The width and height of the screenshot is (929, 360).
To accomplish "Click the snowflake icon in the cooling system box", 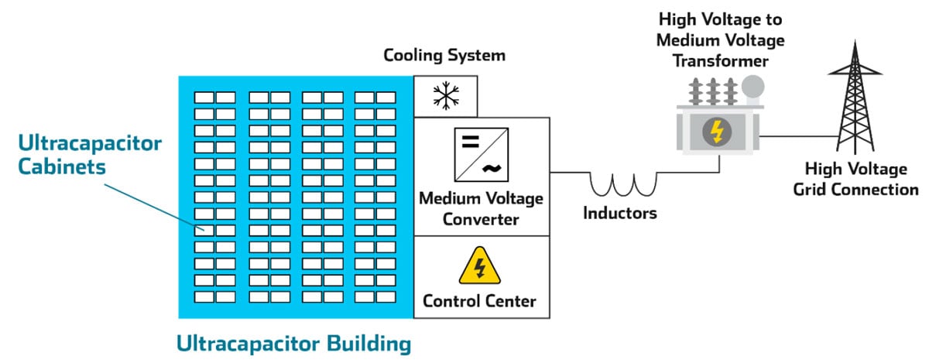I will coord(445,96).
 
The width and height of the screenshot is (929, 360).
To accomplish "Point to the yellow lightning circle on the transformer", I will coord(717,132).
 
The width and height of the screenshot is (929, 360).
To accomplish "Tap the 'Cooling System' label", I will coord(444,56).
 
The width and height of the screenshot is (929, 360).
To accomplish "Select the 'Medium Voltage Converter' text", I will coord(482,208).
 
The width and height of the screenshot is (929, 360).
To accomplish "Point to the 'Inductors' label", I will coord(619,213).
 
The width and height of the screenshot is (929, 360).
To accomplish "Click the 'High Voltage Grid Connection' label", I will coord(855,179).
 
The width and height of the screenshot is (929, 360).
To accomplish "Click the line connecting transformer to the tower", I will coord(797,136).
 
